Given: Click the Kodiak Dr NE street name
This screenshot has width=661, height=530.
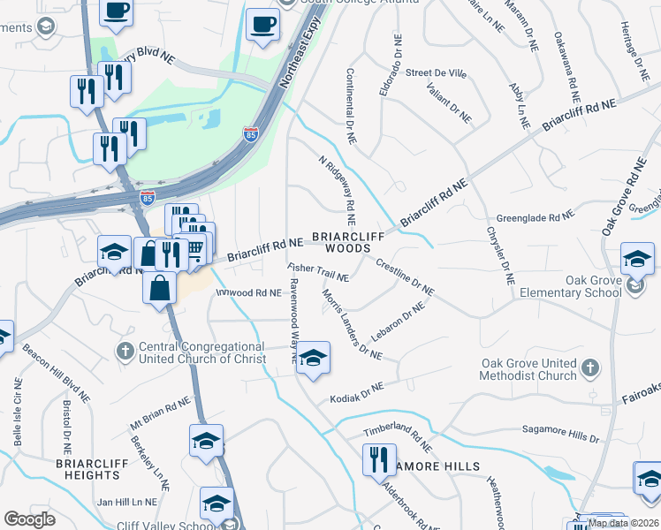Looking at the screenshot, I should [x=357, y=393].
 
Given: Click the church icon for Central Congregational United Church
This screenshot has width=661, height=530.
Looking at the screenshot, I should [x=126, y=351].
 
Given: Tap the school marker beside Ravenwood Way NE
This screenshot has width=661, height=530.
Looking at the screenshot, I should [x=312, y=359].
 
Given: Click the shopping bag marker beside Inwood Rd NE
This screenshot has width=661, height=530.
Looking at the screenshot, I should [x=160, y=289].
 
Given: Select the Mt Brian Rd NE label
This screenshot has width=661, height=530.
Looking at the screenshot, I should [x=160, y=413].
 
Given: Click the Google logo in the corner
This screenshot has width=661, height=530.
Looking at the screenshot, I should [x=29, y=519].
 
